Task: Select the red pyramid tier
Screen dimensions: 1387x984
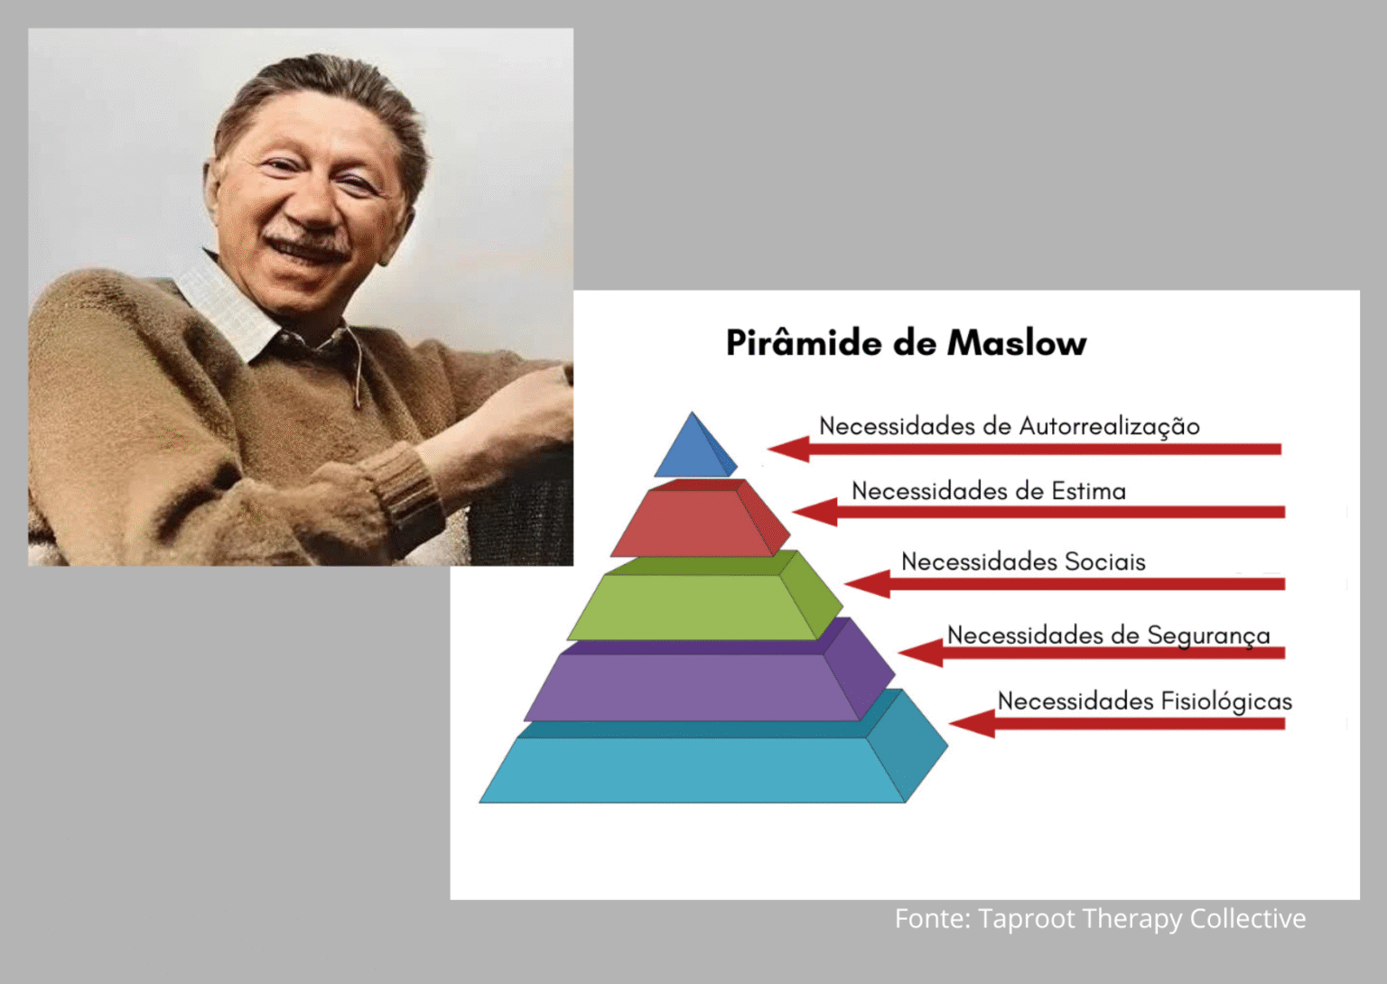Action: point(700,520)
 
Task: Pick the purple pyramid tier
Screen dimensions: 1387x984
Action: point(709,674)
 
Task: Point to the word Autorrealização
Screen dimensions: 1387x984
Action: point(1110,427)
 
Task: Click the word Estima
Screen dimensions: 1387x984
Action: point(1088,491)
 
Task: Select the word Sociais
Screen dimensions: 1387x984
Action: point(1104,562)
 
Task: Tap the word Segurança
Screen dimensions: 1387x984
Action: point(1209,636)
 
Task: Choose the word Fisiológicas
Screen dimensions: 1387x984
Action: point(1226,702)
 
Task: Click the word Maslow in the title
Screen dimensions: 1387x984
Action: point(1016,343)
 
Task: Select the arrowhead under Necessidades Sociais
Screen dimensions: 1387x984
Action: point(867,583)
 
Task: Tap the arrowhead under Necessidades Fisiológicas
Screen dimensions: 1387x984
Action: point(973,723)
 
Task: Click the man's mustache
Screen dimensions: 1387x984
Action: point(306,243)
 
